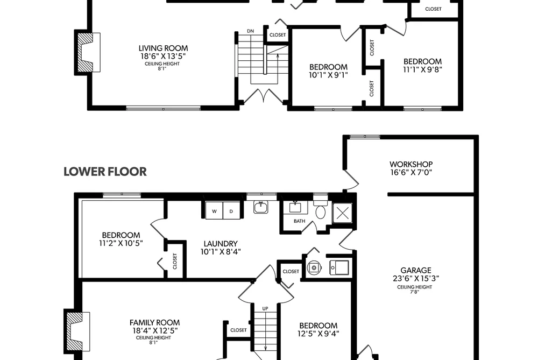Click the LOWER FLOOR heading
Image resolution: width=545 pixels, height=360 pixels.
[x=105, y=172]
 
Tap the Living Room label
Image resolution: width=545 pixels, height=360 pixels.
[x=163, y=48]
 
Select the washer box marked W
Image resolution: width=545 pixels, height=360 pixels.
[x=214, y=210]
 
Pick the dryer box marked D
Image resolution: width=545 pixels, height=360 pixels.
[x=231, y=210]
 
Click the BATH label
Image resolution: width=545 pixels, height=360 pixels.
[x=299, y=221]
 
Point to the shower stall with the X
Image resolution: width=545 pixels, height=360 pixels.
[x=342, y=213]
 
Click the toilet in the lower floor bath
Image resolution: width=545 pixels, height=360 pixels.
[x=320, y=209]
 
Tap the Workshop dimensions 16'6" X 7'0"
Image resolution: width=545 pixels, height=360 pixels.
[x=411, y=172]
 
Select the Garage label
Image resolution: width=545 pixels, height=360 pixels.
[x=416, y=270]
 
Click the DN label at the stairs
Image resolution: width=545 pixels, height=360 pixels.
[x=250, y=31]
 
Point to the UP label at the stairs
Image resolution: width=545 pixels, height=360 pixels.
[x=265, y=308]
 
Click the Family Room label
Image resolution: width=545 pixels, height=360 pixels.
[x=154, y=322]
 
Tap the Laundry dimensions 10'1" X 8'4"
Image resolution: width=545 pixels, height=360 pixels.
[x=221, y=252]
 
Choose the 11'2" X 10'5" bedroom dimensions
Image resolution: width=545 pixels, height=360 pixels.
[x=121, y=243]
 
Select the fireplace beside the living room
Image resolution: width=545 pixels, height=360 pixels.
[x=87, y=53]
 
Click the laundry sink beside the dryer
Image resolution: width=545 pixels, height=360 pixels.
[x=260, y=208]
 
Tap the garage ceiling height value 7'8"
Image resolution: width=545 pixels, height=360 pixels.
[x=414, y=292]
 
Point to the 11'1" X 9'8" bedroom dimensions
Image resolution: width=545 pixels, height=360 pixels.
[x=423, y=69]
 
